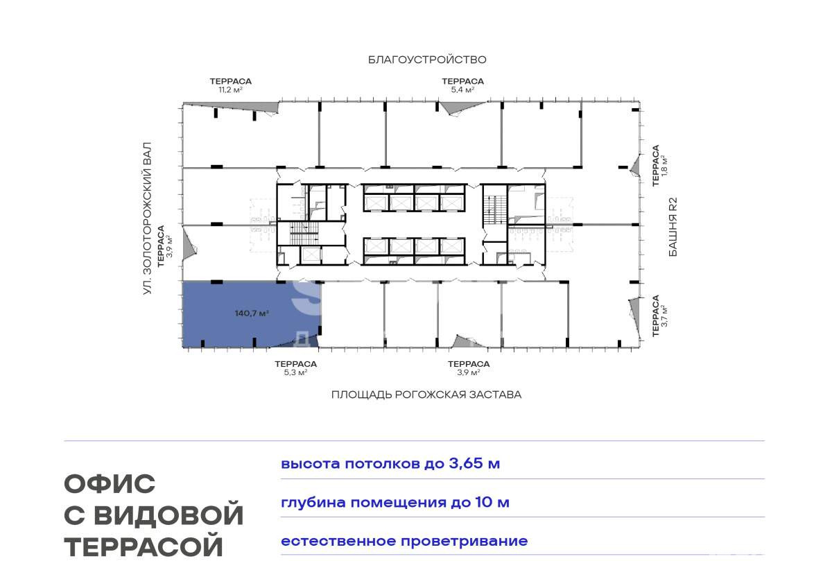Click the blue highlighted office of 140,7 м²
251,314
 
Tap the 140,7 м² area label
252,313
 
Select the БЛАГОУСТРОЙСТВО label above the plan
427,60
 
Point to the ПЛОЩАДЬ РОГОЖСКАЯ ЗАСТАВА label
426,394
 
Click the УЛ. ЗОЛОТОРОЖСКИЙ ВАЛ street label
148,218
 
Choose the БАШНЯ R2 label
673,227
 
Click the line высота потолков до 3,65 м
390,464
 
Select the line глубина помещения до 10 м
395,502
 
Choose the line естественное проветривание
404,541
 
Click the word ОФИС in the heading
110,484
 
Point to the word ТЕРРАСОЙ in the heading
144,546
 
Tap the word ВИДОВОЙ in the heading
168,515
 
